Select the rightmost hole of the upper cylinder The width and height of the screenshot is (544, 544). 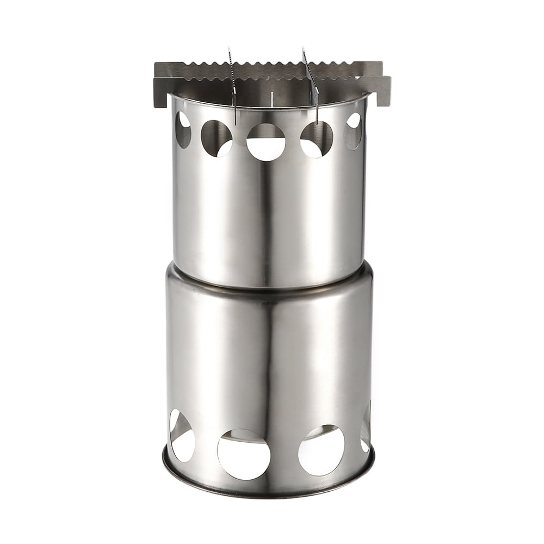click(354, 131)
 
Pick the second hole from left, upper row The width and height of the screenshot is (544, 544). click(217, 138)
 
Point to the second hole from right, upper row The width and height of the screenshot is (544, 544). click(316, 139)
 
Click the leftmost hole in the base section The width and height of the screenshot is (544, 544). click(182, 435)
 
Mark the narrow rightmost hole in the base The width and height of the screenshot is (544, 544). click(366, 430)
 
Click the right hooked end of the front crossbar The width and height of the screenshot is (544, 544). click(384, 90)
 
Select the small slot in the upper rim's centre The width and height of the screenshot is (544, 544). click(271, 98)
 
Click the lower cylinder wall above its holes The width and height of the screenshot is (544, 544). click(269, 354)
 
